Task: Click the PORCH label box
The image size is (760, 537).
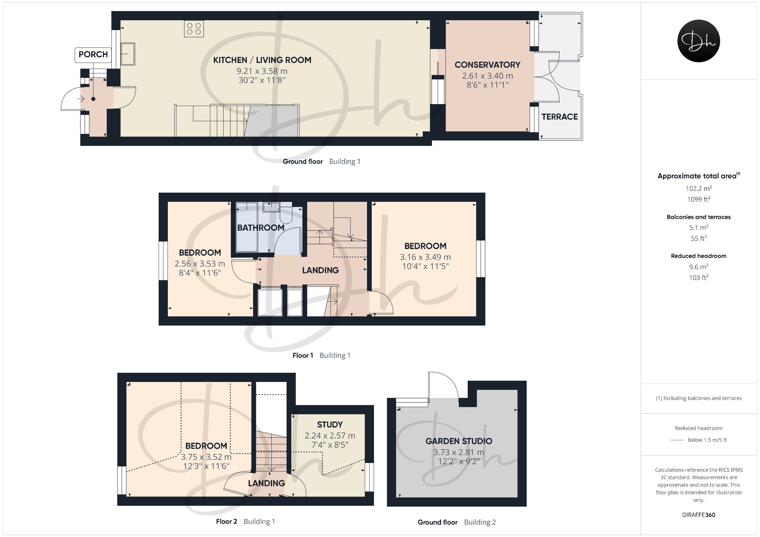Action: coord(93,55)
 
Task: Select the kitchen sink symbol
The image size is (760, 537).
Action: coord(128,53)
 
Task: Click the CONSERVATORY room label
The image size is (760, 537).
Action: coord(487,65)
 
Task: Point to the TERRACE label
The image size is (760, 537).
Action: coord(560,117)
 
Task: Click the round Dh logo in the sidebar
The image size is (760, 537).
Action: coord(699,41)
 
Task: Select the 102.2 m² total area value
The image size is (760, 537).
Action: coord(699,188)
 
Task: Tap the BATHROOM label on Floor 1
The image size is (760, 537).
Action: coord(261,228)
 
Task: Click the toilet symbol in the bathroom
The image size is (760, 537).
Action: coord(285,215)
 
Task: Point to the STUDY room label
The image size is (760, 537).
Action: coord(330,424)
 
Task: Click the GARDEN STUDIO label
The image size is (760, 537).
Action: coord(459,441)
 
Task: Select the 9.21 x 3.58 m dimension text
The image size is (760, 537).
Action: coord(262,71)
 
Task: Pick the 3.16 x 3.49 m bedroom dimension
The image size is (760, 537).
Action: coord(425,257)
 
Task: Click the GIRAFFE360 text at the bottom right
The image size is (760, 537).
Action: coord(699,515)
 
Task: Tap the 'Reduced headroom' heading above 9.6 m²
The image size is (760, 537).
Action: coord(699,256)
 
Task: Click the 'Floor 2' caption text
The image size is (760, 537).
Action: coord(226,521)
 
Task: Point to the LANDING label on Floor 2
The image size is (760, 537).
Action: coord(266,483)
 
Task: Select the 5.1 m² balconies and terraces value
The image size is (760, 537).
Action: coord(699,227)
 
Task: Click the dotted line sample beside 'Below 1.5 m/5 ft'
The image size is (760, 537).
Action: coord(677,440)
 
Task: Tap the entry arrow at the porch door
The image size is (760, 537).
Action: coord(81,99)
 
